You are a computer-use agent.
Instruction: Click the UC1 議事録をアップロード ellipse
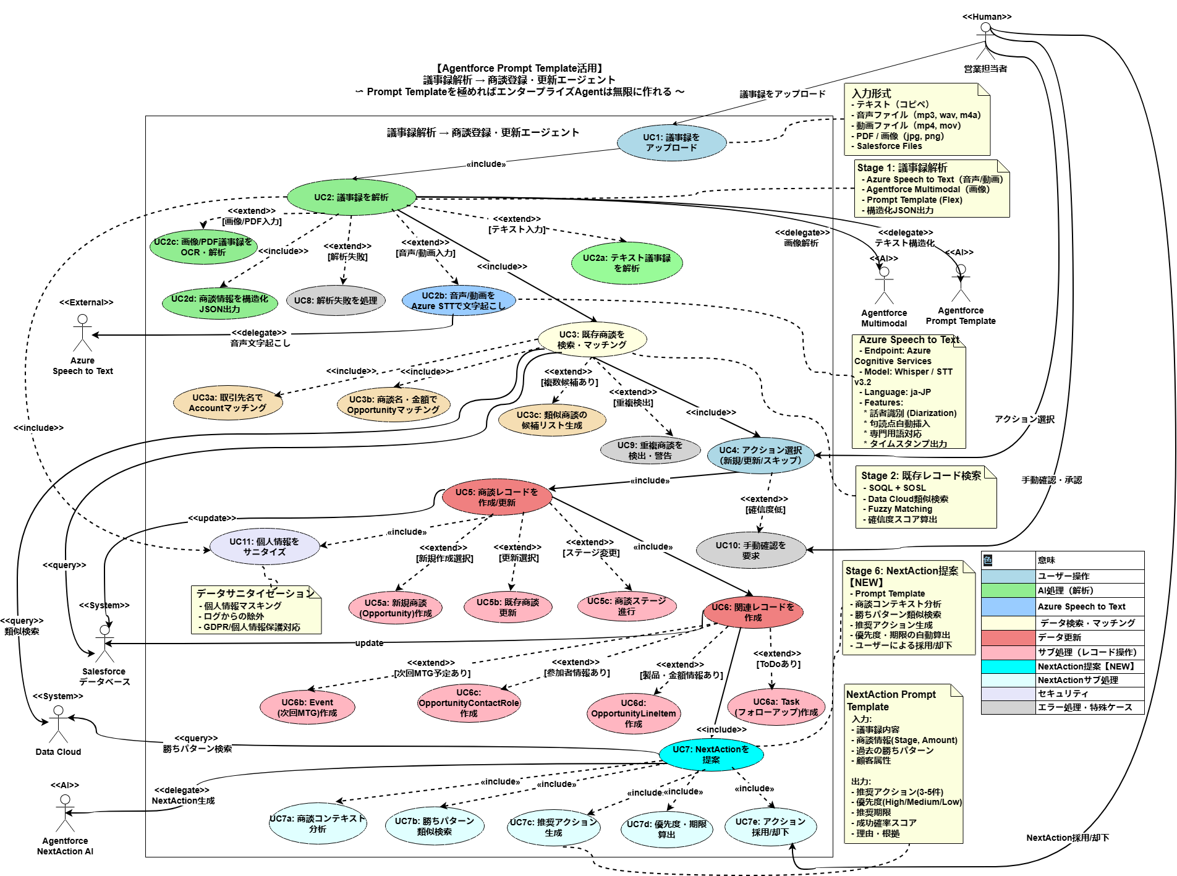pos(671,143)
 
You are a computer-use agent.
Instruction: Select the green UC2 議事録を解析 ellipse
pos(351,197)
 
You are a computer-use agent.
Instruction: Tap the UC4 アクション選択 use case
pos(760,456)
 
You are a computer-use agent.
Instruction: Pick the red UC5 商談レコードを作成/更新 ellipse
pos(497,498)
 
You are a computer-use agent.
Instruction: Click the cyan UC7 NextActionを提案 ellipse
pos(710,754)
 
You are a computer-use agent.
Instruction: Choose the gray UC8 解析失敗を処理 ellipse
pos(336,300)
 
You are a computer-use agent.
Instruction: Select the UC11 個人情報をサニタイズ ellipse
pos(265,546)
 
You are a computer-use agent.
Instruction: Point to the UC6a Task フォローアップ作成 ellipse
pos(776,707)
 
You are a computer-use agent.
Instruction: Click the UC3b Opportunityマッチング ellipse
pos(393,405)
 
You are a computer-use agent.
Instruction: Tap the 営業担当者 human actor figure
pos(985,41)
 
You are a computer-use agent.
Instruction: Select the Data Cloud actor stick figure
pos(58,724)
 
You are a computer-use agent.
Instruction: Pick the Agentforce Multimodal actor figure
pos(884,285)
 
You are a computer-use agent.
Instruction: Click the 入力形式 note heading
pos(872,93)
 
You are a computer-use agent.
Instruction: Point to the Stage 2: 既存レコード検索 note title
pos(921,475)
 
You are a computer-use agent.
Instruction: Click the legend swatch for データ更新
pos(1008,637)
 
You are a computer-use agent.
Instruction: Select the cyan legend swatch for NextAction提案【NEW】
pos(1008,666)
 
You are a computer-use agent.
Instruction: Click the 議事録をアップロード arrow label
pos(783,94)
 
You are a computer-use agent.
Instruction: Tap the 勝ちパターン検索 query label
pos(197,749)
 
